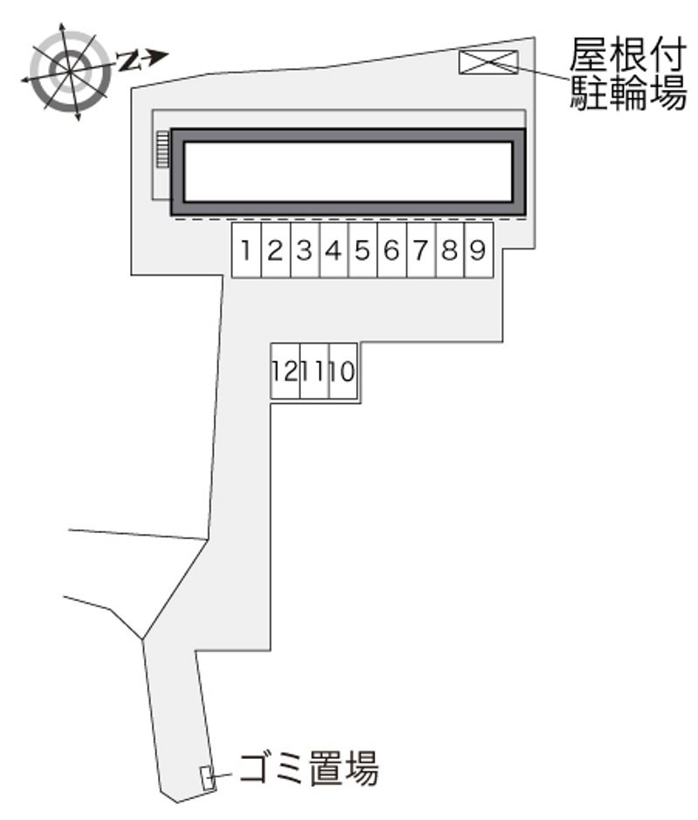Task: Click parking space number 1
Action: coord(246,250)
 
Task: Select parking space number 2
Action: coord(276,250)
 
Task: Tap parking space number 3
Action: coord(305,250)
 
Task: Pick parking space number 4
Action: coord(334,250)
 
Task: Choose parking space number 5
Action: coord(363,250)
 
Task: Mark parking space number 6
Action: coord(392,250)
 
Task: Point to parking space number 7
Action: coord(421,250)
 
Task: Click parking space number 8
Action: coord(450,250)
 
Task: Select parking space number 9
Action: coord(479,250)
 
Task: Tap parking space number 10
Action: coord(343,372)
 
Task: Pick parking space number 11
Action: coord(314,372)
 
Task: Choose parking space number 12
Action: coord(285,372)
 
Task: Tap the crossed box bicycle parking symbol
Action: coord(489,62)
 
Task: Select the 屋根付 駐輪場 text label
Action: coord(627,74)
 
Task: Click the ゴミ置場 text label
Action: coord(309,769)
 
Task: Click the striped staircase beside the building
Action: coord(163,149)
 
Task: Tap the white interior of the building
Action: coord(348,172)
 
